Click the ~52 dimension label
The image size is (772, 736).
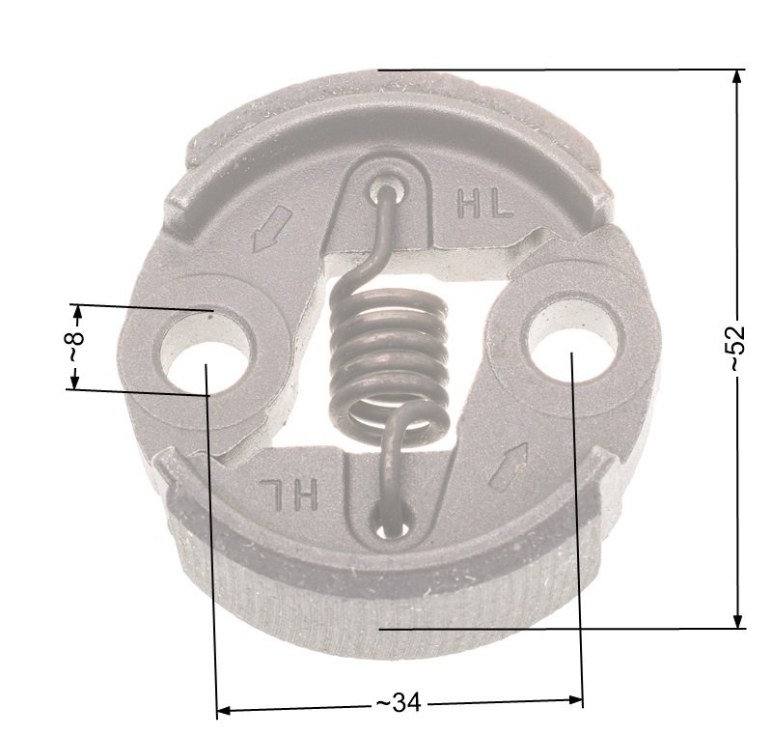[736, 348]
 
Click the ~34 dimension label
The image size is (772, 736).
[399, 702]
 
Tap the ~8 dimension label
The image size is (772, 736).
[75, 347]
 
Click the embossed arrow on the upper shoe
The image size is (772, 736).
[271, 229]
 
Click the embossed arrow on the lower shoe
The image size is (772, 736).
[510, 467]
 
